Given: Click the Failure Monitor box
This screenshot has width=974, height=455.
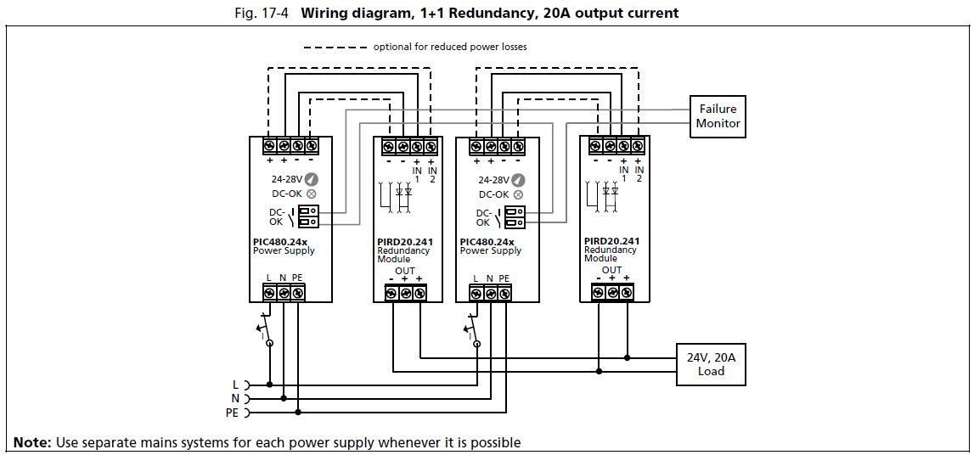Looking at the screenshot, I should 718,116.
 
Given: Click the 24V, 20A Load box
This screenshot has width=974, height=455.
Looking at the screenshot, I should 711,365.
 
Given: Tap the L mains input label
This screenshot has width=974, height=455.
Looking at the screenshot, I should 235,385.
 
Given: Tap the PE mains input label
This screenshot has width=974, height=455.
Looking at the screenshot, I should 231,413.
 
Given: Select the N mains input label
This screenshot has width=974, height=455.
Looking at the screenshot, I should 234,398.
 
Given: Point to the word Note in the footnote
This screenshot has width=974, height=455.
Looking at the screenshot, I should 31,442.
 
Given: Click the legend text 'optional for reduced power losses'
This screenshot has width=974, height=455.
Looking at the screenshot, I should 449,47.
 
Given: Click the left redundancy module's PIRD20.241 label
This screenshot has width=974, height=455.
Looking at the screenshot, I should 405,242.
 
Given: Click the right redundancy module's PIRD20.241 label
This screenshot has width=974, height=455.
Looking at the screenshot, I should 612,240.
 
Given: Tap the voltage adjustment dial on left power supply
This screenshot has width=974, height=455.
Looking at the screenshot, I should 312,179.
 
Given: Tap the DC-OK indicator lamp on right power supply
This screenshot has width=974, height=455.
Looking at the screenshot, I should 518,194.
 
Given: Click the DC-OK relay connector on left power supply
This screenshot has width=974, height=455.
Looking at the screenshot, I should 308,216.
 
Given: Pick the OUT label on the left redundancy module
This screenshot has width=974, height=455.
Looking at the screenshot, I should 405,271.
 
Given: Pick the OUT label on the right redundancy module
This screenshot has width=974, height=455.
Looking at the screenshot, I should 611,270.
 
